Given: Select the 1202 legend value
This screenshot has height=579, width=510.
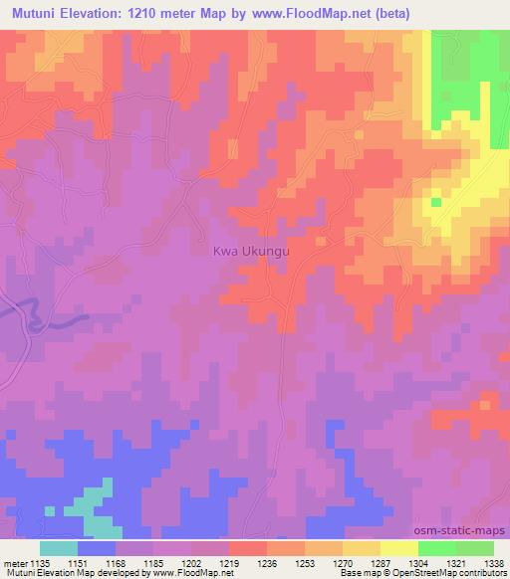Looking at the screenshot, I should [192, 562].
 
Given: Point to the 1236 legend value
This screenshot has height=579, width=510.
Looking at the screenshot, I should [266, 562].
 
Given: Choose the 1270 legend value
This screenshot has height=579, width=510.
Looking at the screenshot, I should [341, 562].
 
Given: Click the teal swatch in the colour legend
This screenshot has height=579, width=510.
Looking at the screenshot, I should [59, 548].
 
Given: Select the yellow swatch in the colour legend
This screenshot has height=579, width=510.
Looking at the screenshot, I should [398, 548].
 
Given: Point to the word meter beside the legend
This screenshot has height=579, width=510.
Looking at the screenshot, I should [15, 562].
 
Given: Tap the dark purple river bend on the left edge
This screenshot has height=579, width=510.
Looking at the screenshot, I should [30, 316].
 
